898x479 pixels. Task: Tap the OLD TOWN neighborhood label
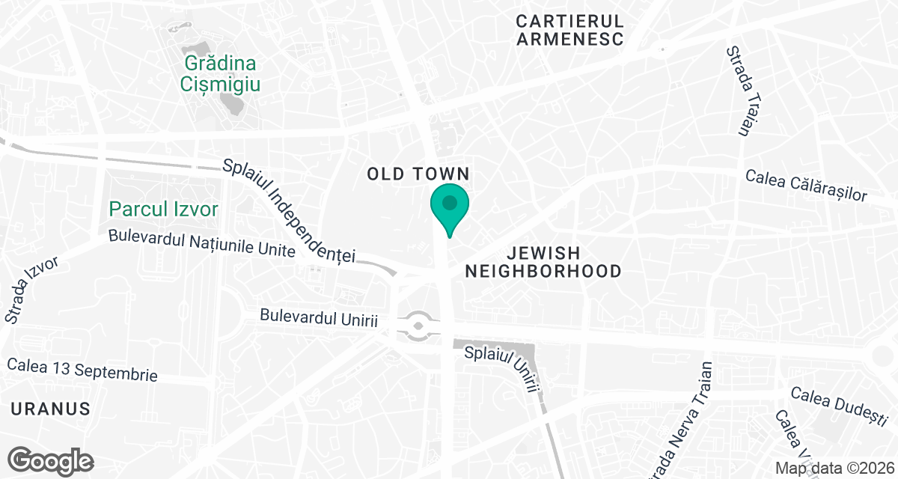click(418, 174)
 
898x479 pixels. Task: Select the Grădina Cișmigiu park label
click(220, 73)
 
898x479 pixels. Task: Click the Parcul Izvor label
click(163, 208)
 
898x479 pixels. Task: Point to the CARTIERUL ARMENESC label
click(569, 29)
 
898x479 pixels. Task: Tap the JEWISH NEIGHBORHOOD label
click(543, 262)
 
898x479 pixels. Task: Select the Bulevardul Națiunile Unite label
click(201, 242)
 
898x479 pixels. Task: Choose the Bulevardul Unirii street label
click(319, 317)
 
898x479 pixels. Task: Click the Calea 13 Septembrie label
click(82, 369)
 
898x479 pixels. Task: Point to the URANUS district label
click(50, 409)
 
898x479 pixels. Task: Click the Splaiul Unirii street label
click(503, 367)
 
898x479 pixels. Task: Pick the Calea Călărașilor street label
click(806, 185)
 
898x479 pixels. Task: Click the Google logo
click(51, 460)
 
